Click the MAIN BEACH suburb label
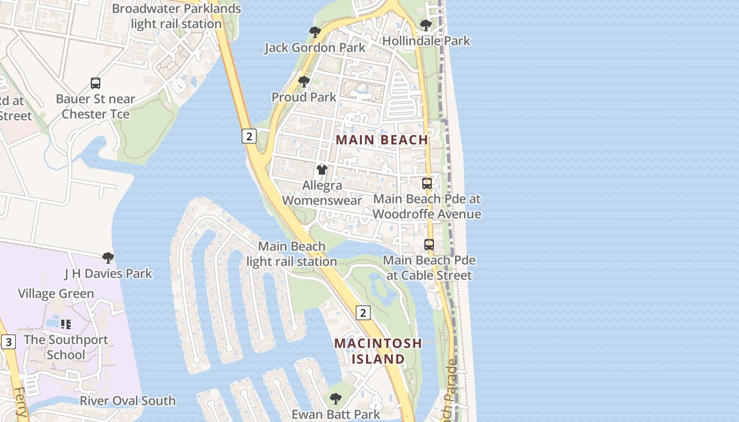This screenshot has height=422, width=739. [382, 140]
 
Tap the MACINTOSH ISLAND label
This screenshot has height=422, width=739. [378, 351]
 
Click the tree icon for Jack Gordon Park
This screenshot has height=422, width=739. [315, 32]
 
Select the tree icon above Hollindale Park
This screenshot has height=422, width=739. [425, 25]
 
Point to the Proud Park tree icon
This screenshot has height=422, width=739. [304, 82]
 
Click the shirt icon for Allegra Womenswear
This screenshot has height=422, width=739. [321, 170]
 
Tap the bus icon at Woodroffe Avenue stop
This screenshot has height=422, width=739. [427, 184]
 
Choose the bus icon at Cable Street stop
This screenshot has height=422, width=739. [429, 245]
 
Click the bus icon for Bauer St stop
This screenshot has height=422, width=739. [96, 83]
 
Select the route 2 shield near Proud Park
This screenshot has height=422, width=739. [249, 136]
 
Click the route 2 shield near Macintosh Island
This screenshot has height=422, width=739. [363, 313]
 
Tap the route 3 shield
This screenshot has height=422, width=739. [8, 342]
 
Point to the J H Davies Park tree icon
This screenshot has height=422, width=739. [108, 258]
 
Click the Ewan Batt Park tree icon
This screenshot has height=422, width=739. [336, 398]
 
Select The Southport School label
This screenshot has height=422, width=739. [65, 347]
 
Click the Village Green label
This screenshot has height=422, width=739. [56, 294]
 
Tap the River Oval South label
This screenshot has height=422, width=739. [127, 401]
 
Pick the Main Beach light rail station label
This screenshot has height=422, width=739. [291, 254]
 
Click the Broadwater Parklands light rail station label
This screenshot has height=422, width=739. [176, 16]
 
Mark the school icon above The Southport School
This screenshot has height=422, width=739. [65, 324]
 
